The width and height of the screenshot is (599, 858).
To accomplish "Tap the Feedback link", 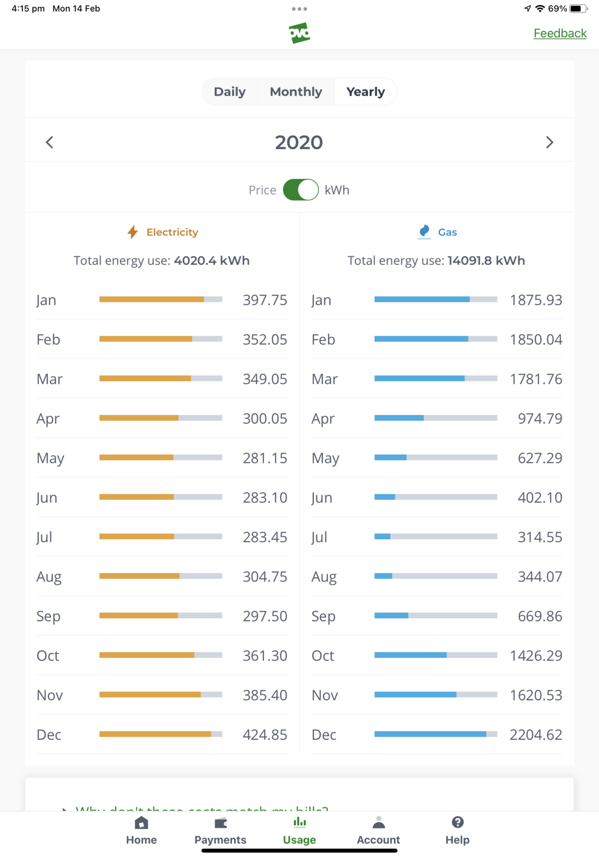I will (560, 33).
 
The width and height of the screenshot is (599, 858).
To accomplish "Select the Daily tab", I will (229, 92).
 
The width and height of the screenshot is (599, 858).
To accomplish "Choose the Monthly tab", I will (296, 92).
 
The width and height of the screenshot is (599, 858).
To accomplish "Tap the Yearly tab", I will (365, 92).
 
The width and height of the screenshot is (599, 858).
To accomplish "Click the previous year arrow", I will (49, 142).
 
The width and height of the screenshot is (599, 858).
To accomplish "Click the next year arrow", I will (549, 142).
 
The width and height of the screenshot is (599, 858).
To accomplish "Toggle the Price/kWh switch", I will (301, 190).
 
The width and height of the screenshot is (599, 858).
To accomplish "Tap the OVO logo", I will (299, 33).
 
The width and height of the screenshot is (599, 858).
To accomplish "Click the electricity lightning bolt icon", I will (132, 232).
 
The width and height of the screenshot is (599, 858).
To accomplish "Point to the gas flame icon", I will (424, 232).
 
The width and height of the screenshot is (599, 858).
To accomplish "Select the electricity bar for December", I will (161, 734).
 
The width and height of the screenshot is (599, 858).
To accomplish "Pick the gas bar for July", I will (436, 537).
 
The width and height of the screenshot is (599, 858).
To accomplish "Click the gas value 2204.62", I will (536, 735).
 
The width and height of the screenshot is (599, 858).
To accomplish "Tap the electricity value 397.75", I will (265, 300).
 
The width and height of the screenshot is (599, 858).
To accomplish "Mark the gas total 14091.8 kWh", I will (486, 261).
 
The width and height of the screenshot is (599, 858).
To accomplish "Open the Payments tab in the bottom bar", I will (220, 831).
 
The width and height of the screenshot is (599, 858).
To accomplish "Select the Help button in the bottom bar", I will (457, 831).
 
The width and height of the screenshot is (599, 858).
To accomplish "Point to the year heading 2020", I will (299, 142).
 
